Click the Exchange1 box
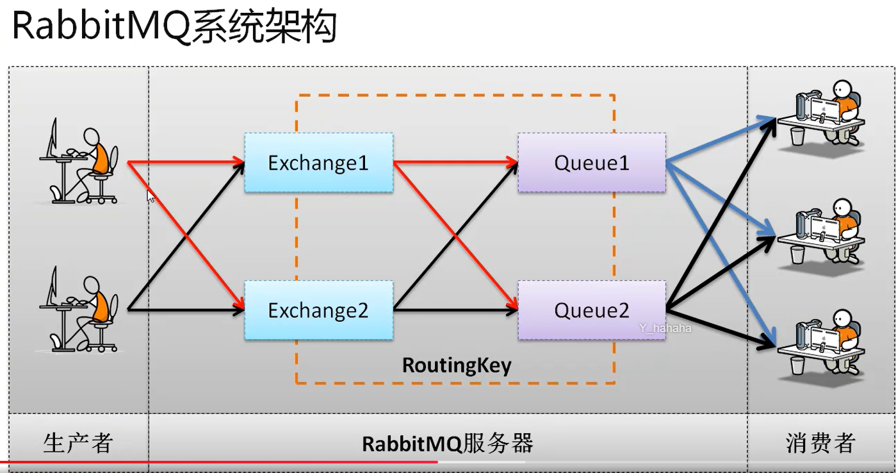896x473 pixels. [x=318, y=163]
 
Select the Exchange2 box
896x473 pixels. [x=318, y=310]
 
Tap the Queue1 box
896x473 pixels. [x=591, y=163]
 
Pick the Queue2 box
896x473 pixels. [x=591, y=310]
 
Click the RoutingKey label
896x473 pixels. [x=457, y=365]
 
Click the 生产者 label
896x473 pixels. [x=78, y=443]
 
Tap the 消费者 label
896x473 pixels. [x=820, y=443]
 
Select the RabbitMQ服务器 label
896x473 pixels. [x=448, y=444]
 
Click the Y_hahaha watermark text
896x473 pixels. [x=665, y=328]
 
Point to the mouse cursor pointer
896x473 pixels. [x=151, y=195]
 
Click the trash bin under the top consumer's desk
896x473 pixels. [x=797, y=136]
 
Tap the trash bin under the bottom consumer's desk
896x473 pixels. [x=797, y=365]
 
